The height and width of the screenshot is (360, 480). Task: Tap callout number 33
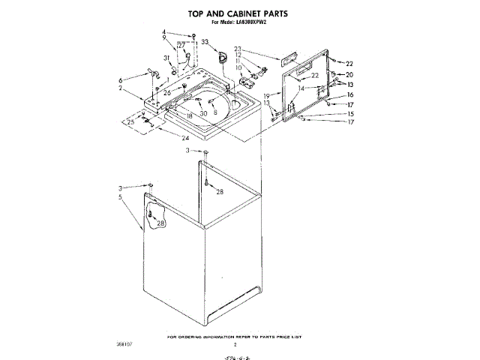click(204, 43)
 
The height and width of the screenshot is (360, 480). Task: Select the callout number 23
click(238, 49)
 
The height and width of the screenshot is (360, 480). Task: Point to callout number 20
click(349, 75)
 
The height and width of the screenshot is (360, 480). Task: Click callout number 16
click(349, 95)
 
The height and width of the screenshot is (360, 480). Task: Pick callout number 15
click(349, 114)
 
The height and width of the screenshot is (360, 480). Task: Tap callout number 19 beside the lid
click(266, 96)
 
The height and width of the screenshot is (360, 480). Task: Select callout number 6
click(120, 80)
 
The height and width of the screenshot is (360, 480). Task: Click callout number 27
click(181, 45)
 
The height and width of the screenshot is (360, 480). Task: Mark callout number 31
click(166, 58)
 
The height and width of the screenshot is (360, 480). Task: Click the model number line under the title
click(239, 23)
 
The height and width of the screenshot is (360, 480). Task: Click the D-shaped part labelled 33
click(223, 55)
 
